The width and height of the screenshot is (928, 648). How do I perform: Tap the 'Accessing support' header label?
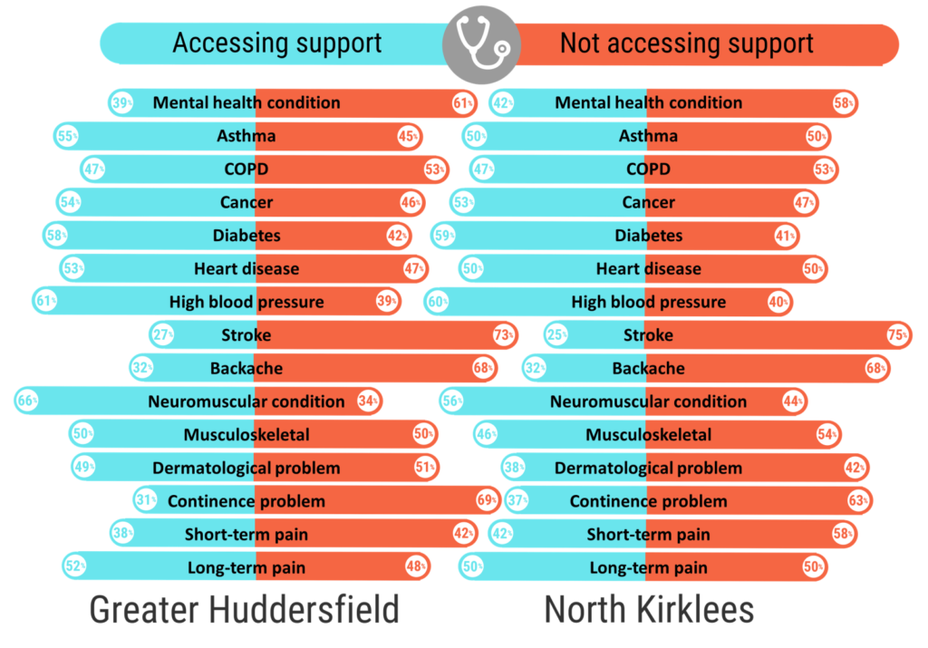(277, 44)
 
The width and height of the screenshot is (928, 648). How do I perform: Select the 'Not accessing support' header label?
(686, 44)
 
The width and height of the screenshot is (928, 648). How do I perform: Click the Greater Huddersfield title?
(244, 610)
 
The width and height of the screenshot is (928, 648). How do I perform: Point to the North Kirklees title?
(648, 610)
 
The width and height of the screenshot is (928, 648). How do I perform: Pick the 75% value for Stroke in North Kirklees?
(897, 335)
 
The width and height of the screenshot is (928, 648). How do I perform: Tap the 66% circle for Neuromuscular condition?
(27, 401)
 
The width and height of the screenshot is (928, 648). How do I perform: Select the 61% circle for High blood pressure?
(44, 302)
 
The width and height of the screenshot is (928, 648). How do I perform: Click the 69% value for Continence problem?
(487, 501)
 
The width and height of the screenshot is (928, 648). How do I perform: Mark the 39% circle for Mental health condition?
(121, 103)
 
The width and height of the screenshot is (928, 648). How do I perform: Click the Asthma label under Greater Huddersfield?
(246, 136)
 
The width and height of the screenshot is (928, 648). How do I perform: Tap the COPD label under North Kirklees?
(648, 169)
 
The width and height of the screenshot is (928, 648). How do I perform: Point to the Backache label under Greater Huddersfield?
(246, 369)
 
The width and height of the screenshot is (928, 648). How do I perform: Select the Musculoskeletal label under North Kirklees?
(648, 435)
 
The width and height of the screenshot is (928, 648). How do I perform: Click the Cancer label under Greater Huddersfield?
(246, 202)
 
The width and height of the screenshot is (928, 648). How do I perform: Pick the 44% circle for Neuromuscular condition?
(795, 401)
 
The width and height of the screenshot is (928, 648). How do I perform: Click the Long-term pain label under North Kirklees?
(648, 568)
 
